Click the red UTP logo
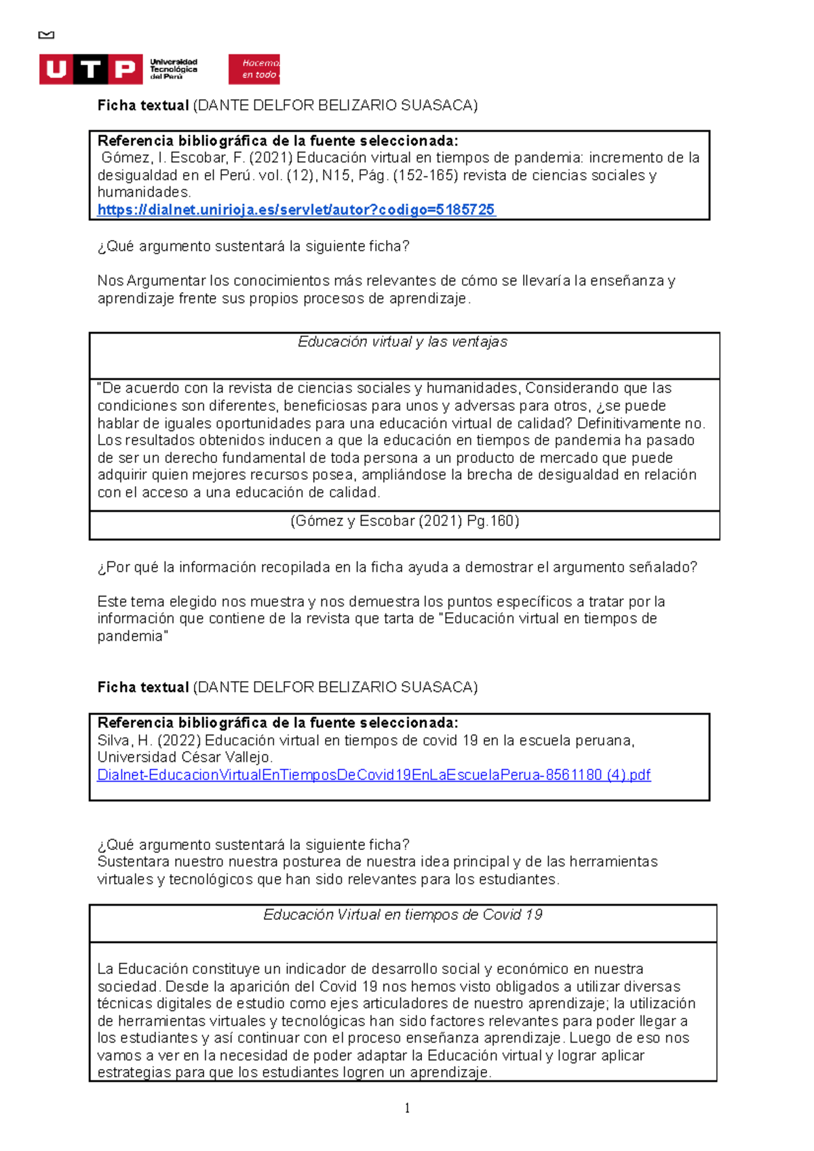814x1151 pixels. click(x=90, y=69)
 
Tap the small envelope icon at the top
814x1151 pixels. click(x=46, y=35)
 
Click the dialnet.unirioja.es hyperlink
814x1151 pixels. click(x=296, y=210)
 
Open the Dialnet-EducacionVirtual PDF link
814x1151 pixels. click(x=374, y=775)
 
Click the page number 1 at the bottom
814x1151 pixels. click(x=407, y=1108)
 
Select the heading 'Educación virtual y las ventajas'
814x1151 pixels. click(x=402, y=342)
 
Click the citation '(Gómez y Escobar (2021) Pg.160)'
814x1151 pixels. click(x=404, y=521)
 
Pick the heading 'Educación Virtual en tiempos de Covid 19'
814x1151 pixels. click(x=402, y=915)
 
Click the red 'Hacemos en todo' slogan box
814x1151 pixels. click(x=254, y=69)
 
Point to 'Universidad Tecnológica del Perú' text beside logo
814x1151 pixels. click(x=174, y=69)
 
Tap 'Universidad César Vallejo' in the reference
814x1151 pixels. click(x=185, y=758)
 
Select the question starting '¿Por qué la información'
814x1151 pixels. click(x=397, y=567)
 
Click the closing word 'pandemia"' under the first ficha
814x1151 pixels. click(x=133, y=637)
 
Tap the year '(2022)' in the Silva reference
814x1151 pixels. click(x=178, y=741)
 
